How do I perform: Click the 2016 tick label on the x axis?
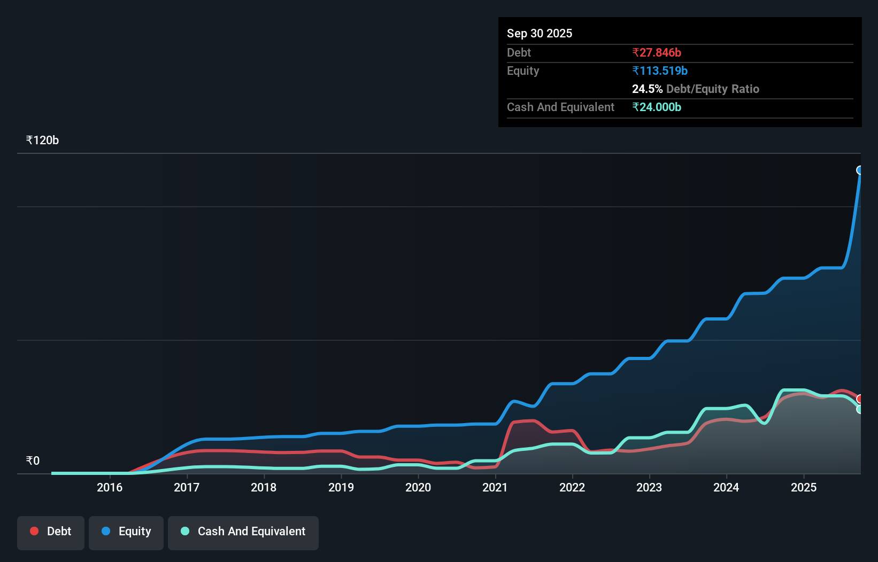(x=110, y=487)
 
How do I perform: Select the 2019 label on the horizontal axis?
(x=341, y=487)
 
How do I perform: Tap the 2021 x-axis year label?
(x=495, y=487)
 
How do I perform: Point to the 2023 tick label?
(x=649, y=487)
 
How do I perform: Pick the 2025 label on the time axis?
(x=804, y=487)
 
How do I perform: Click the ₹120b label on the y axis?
(x=42, y=140)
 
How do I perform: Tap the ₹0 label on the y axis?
(x=33, y=461)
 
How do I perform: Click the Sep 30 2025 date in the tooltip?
(x=540, y=34)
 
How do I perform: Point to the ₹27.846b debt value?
(x=657, y=53)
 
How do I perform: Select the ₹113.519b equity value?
(x=660, y=71)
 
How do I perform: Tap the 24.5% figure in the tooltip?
(x=647, y=89)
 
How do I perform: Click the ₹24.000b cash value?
(x=657, y=107)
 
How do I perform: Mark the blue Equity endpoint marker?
(x=860, y=170)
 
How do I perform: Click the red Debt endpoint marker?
(x=860, y=399)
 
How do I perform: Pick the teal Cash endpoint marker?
(x=860, y=409)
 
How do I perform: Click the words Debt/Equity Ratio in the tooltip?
(x=713, y=89)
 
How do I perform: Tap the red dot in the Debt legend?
(x=34, y=531)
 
